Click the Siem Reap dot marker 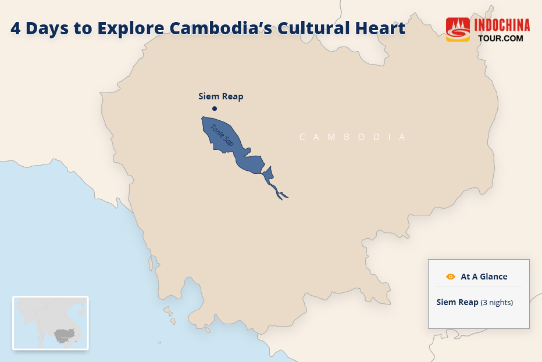[x=215, y=109]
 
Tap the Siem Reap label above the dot [x=220, y=96]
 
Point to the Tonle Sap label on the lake [x=222, y=135]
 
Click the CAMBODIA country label [x=352, y=137]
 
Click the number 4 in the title [x=16, y=28]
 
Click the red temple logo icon [x=458, y=30]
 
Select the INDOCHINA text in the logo [x=502, y=26]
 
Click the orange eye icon [x=450, y=277]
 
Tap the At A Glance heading [x=484, y=277]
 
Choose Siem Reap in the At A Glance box [x=457, y=302]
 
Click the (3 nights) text [x=497, y=303]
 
